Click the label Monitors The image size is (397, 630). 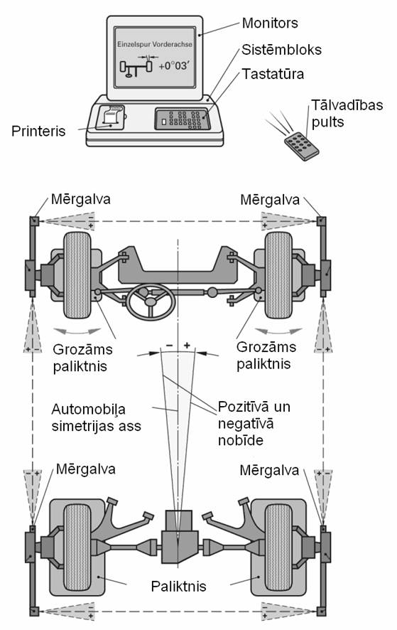click(270, 23)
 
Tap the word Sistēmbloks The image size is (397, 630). click(281, 50)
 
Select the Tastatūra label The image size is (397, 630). click(273, 74)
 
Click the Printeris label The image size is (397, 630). click(38, 131)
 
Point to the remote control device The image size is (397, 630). click(301, 146)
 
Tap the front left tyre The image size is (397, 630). click(77, 275)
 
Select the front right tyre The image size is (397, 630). click(278, 275)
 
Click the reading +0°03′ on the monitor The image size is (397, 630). click(173, 66)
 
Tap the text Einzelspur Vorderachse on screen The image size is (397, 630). click(155, 44)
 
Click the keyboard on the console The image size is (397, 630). click(183, 119)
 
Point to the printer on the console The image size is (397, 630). click(110, 117)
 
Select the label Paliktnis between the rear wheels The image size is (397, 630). click(179, 586)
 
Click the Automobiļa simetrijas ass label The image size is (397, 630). click(97, 417)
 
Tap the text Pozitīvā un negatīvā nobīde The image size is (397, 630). click(254, 424)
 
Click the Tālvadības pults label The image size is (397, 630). click(347, 113)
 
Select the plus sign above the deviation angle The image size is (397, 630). click(187, 345)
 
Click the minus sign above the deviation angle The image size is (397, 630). click(170, 345)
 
